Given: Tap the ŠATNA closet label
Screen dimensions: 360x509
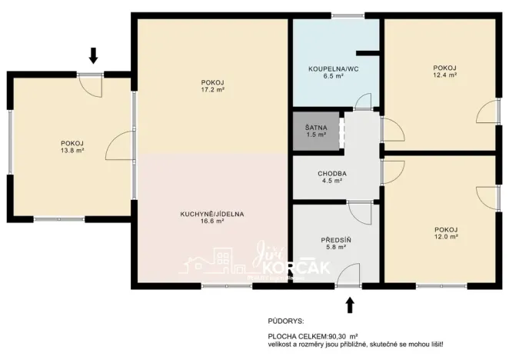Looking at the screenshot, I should click(314, 128).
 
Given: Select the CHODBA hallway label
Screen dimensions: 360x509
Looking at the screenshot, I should click(332, 174).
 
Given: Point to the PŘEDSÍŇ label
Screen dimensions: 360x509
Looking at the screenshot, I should click(336, 240).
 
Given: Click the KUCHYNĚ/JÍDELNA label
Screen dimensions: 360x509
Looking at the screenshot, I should click(213, 214).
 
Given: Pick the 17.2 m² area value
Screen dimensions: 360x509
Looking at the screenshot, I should click(211, 91).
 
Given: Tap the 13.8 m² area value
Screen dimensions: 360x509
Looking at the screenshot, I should click(72, 151).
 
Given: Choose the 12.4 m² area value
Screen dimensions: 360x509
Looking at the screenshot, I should click(445, 75).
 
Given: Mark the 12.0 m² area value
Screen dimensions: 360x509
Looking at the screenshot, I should click(446, 237).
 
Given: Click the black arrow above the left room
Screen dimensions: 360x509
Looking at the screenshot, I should click(94, 55).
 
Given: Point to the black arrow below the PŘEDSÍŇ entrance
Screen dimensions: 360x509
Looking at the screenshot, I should click(351, 305).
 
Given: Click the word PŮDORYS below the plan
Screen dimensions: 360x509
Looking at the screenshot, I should click(286, 320).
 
